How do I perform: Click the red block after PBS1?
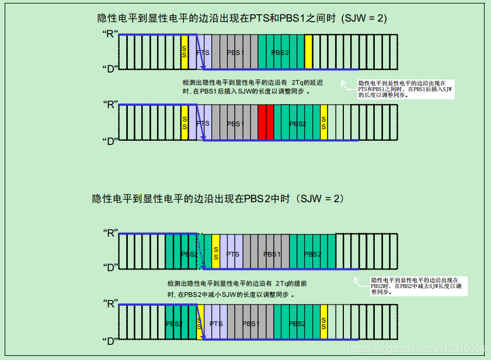pos(266,123)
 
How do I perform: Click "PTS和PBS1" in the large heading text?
pos(276,19)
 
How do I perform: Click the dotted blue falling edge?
pos(200,252)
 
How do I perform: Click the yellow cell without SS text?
pos(308,53)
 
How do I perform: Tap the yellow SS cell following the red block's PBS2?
pos(323,123)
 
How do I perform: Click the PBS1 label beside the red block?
pos(235,123)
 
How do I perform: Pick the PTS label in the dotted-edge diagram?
pos(232,254)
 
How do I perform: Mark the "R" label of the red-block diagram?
pos(110,105)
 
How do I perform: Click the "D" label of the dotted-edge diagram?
pos(110,268)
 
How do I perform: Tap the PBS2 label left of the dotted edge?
pos(189,254)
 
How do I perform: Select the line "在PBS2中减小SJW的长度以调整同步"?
pos(231,295)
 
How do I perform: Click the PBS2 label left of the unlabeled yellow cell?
pos(280,53)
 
